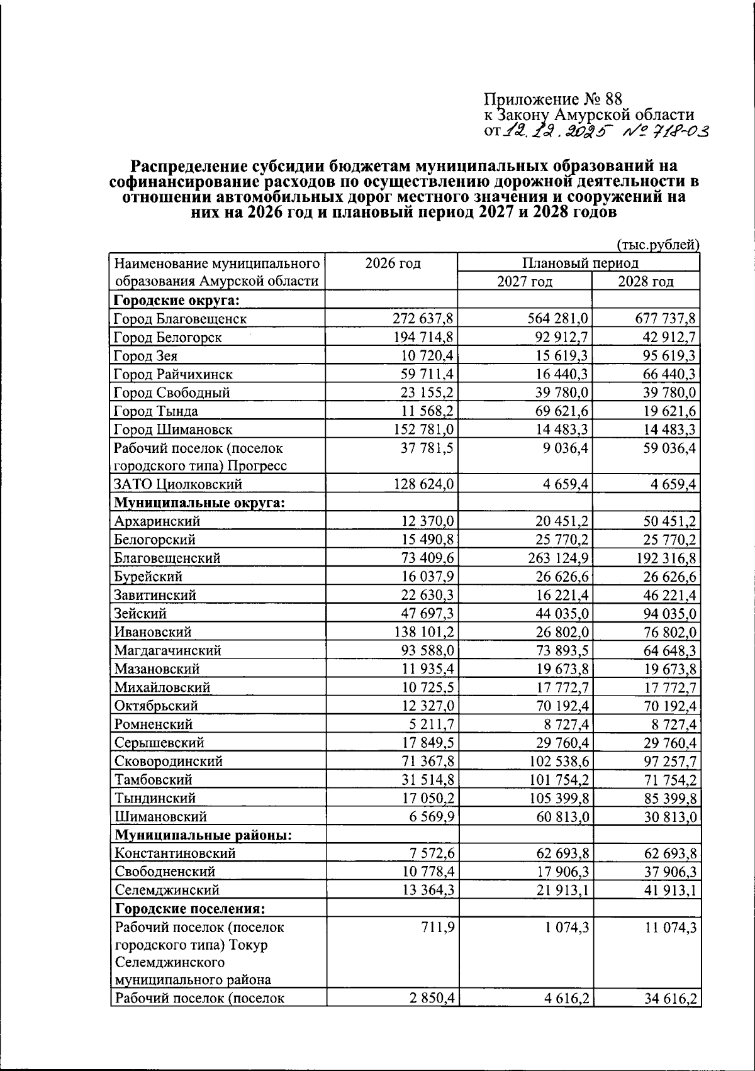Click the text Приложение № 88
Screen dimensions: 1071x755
552,99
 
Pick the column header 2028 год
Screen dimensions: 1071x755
646,281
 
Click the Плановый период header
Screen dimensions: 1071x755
579,263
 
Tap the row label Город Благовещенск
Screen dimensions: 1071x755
180,318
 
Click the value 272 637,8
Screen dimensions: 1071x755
423,318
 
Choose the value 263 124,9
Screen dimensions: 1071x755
555,558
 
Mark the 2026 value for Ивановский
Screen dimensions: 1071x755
423,631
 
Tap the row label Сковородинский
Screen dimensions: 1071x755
169,761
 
